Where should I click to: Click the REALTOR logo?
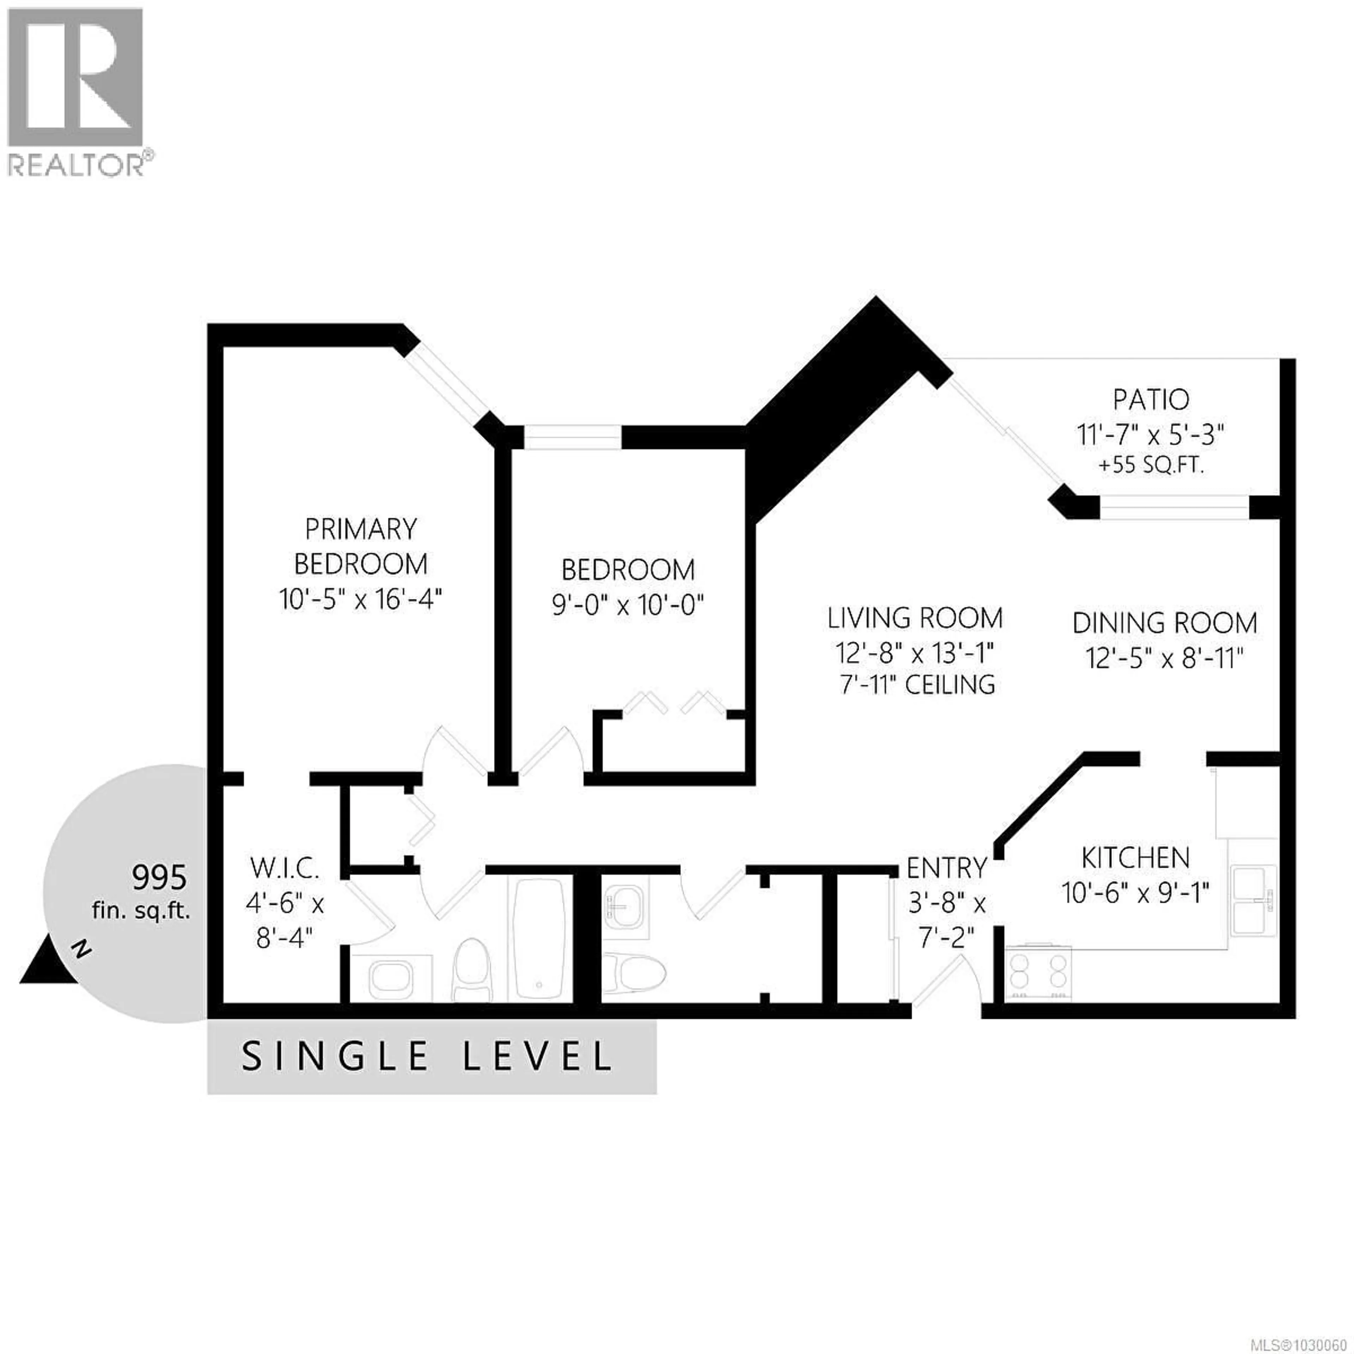click(x=77, y=91)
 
